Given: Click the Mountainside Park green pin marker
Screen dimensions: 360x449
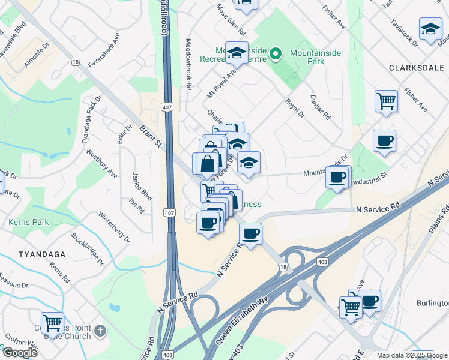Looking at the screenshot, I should [276, 54].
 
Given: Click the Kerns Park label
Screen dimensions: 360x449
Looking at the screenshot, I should [28, 222].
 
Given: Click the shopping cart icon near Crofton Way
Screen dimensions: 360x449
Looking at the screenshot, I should [52, 323].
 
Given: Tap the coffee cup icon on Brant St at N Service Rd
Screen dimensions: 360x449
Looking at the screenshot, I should [250, 232].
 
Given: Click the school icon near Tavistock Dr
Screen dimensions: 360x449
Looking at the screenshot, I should [430, 29].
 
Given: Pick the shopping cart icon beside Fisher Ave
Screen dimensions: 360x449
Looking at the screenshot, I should [386, 100].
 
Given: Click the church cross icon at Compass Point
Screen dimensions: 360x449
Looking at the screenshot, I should [100, 331].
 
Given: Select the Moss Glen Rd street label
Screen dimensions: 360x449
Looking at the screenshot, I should [232, 21].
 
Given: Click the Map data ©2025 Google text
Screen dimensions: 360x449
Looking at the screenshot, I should [411, 355].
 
